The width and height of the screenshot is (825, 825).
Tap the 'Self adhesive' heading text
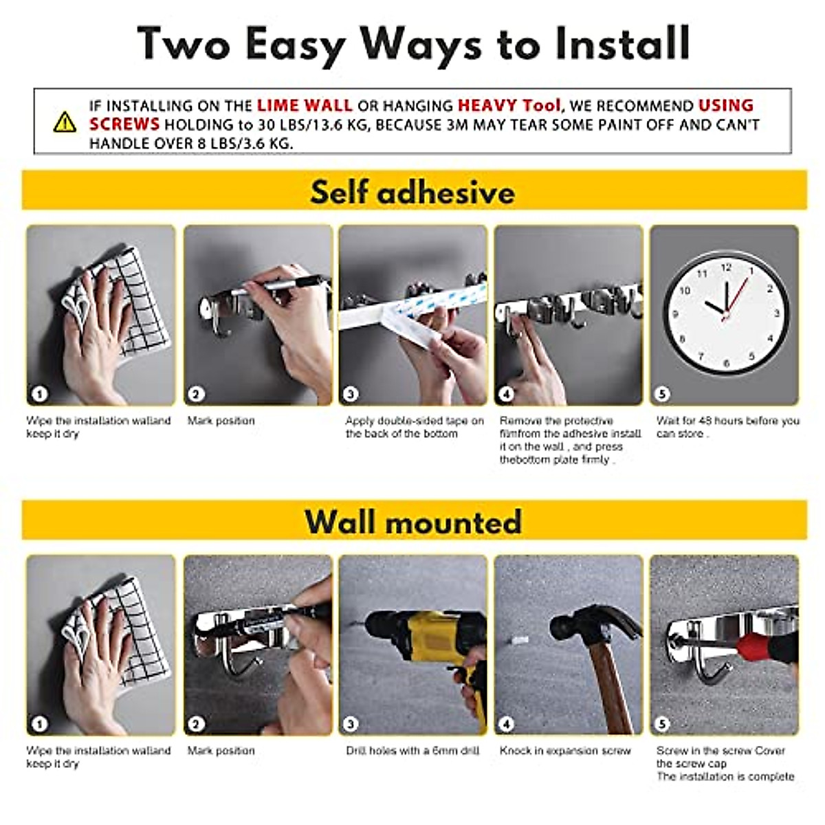tap(412, 192)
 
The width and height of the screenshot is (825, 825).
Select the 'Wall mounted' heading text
tap(412, 521)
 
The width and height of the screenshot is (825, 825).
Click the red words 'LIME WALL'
tap(305, 105)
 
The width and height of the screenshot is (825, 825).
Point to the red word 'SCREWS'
tap(124, 124)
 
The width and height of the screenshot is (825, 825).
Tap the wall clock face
tap(726, 313)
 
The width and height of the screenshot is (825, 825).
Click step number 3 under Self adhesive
tap(351, 394)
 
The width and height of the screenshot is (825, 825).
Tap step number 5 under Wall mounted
tap(662, 724)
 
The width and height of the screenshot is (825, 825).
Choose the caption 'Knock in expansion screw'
tap(565, 751)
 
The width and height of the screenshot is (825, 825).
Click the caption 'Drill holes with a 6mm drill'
tap(412, 751)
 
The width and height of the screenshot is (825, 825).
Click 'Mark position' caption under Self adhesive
tap(221, 421)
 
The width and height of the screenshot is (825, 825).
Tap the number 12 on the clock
tap(726, 268)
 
